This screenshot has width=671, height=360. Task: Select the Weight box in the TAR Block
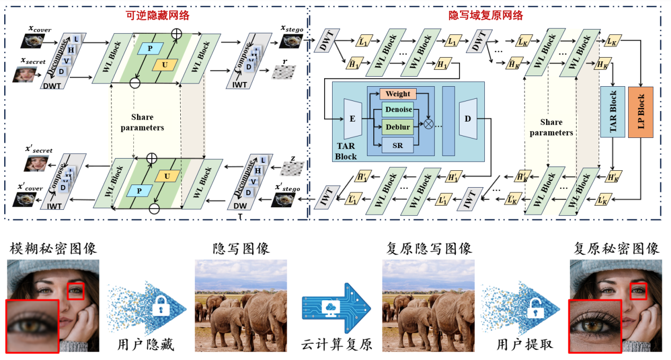pos(398,94)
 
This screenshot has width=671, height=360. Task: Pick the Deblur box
pos(398,127)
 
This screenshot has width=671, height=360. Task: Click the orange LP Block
pos(641,112)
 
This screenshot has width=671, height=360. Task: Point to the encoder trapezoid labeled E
pos(352,119)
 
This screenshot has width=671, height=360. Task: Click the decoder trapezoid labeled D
pos(467,119)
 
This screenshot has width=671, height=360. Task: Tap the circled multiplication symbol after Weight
pos(428,124)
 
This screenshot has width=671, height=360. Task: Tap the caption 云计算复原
pos(336,345)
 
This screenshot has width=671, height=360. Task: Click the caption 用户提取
pos(525,345)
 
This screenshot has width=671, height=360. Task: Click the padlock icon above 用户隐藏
pos(159,308)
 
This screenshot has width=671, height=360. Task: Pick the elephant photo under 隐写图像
pos(241,305)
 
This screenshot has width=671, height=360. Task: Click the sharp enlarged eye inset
pos(595,325)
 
